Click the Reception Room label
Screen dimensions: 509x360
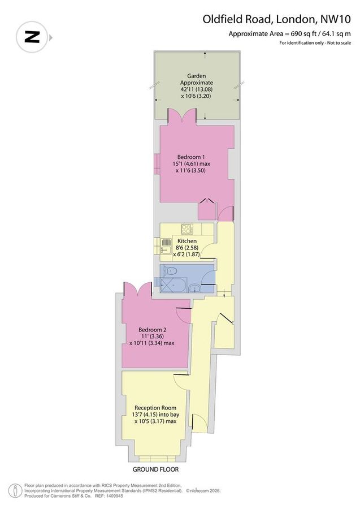tap(155, 407)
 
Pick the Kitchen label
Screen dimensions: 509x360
tap(187, 241)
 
